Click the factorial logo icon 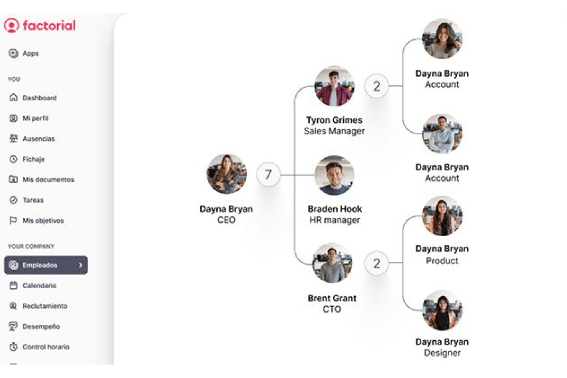(x=11, y=25)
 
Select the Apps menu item (x=31, y=53)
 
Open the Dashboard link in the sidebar (x=39, y=98)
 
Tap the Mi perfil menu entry (x=35, y=118)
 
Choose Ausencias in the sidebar (x=39, y=139)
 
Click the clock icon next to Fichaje (x=13, y=159)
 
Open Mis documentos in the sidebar (x=48, y=180)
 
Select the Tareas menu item (x=33, y=200)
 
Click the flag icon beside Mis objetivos (x=13, y=220)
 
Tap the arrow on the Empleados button (x=80, y=265)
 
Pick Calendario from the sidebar (x=39, y=286)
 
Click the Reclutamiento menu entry (x=45, y=306)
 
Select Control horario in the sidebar (x=46, y=347)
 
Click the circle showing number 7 (x=268, y=175)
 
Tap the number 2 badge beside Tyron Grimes (x=377, y=86)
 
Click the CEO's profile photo (x=226, y=174)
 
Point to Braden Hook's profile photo (x=334, y=175)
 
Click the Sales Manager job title (x=334, y=131)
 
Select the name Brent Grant (x=332, y=298)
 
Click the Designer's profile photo (x=442, y=311)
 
